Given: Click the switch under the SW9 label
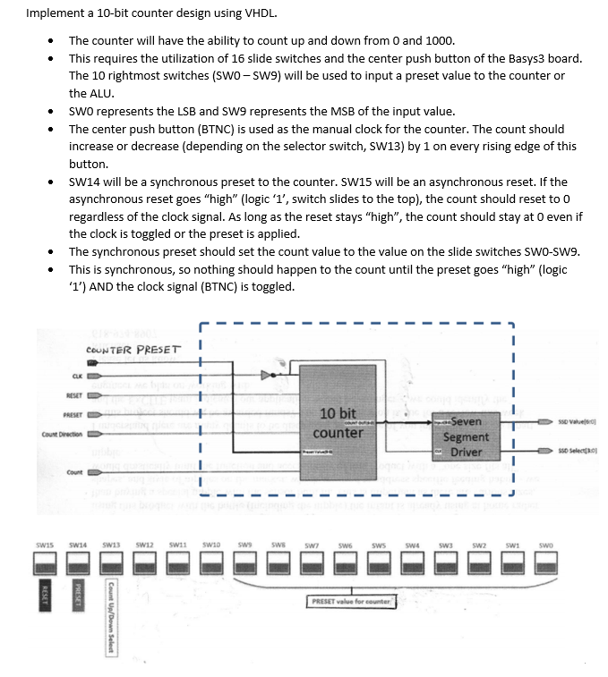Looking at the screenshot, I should click(x=245, y=562).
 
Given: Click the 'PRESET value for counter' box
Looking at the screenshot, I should click(x=351, y=601).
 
